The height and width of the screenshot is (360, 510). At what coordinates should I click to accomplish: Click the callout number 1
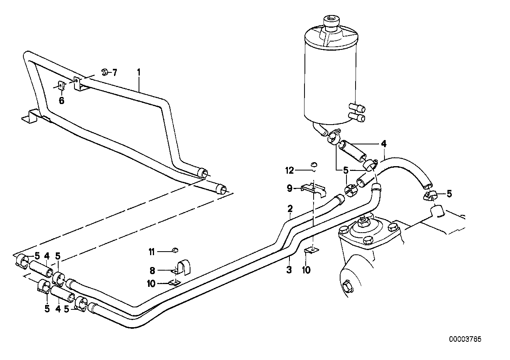[x=139, y=72]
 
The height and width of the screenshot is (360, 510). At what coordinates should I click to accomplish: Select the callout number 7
[x=115, y=72]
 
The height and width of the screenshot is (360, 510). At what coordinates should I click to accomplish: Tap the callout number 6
[x=61, y=100]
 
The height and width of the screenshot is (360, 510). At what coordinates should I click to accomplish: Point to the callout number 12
[x=290, y=171]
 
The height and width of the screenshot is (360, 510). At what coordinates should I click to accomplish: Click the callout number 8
[x=152, y=271]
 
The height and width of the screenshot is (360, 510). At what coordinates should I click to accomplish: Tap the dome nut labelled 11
[x=175, y=250]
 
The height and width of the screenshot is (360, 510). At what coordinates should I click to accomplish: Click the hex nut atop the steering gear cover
[x=362, y=221]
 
